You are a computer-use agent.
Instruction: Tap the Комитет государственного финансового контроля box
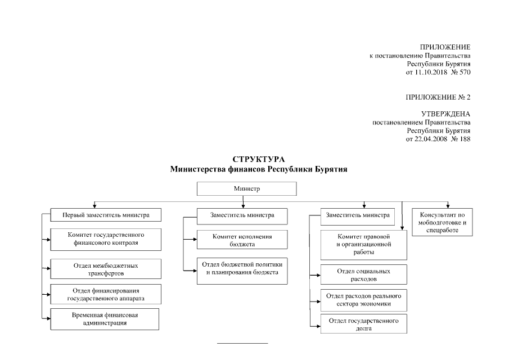[x=105, y=239]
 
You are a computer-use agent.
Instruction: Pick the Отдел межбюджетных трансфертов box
[x=105, y=269]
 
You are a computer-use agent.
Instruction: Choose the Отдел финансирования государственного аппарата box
[x=105, y=294]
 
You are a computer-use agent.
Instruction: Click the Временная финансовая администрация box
[x=105, y=319]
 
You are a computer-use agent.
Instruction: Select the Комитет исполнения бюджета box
[x=242, y=240]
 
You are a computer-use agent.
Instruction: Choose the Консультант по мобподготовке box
[x=442, y=222]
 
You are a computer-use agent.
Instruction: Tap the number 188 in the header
[x=463, y=139]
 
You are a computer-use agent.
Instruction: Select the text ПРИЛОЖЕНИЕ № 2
[x=438, y=97]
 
